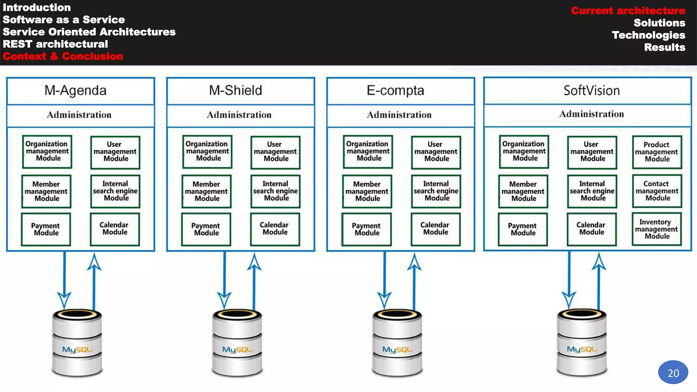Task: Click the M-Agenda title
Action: point(76,91)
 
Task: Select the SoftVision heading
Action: point(591,91)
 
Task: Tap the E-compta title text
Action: point(395,91)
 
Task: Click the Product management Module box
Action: point(657,152)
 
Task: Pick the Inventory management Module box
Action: point(657,229)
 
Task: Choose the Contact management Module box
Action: point(657,191)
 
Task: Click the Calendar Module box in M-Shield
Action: point(275,229)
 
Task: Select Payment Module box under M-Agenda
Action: point(46,229)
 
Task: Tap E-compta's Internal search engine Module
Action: point(436,191)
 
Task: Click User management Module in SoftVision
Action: point(592,152)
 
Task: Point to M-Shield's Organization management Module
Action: point(207,151)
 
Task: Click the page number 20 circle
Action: point(673,373)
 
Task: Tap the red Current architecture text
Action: point(628,11)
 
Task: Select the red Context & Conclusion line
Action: point(63,56)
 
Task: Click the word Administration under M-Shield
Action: point(239,115)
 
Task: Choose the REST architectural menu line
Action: point(55,44)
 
